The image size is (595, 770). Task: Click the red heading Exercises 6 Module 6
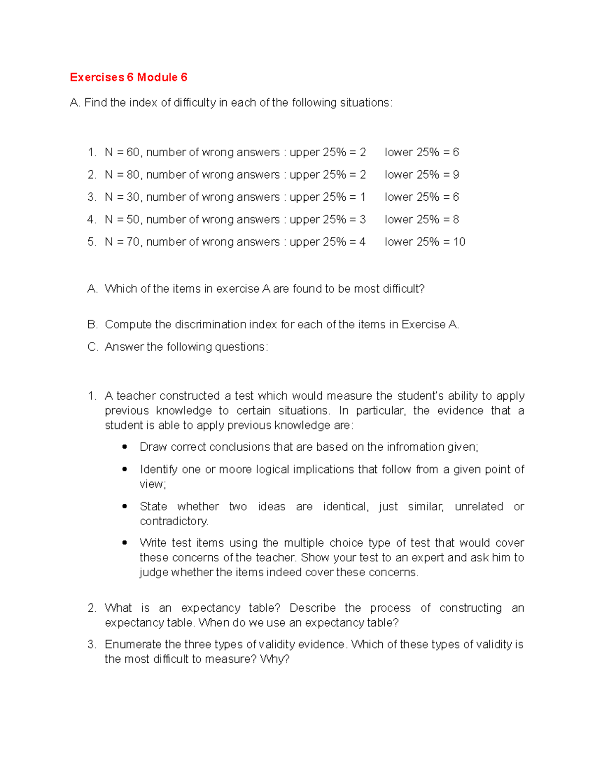coord(128,77)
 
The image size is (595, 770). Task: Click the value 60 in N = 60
coord(133,152)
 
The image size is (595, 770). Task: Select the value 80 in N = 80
coord(133,175)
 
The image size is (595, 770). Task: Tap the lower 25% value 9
coord(456,175)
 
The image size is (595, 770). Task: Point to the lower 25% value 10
coord(459,242)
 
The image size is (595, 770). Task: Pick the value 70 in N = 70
coord(133,242)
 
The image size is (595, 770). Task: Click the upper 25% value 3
coord(362,220)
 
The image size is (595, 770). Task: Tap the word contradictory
coord(174,521)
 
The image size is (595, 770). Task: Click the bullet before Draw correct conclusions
coord(125,447)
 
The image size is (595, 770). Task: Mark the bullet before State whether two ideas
coord(125,506)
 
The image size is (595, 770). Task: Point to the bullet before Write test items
coord(125,543)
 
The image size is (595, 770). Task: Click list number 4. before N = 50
coord(92,220)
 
